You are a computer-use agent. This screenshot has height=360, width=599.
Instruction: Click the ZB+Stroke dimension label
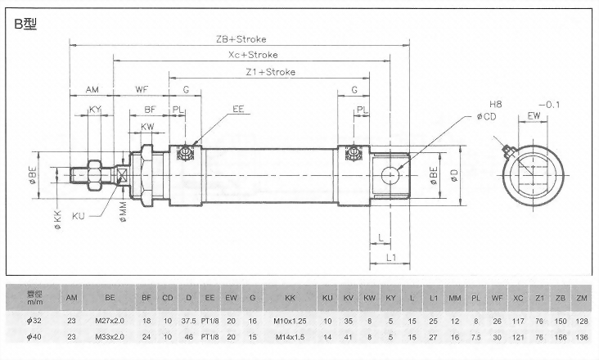(241, 38)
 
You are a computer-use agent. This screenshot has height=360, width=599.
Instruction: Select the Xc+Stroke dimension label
(253, 55)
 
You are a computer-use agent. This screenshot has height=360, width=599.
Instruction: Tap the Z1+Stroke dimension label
(270, 71)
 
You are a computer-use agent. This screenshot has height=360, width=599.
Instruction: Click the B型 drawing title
(27, 25)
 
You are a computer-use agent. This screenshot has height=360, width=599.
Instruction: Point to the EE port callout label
(239, 108)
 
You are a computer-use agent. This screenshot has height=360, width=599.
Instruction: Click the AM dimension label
(92, 89)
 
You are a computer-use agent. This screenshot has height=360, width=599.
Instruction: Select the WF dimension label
(142, 89)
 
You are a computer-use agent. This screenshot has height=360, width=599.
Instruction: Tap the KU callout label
(79, 215)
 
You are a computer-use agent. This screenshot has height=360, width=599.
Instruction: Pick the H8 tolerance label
(495, 105)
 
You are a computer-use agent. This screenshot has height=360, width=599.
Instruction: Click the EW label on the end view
(534, 117)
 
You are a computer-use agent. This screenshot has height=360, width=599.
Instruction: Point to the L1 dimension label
(391, 257)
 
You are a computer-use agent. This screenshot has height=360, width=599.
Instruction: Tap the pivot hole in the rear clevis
(390, 172)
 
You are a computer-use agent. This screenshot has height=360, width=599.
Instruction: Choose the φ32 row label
(34, 320)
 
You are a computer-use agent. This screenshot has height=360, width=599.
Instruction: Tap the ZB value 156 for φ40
(561, 337)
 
